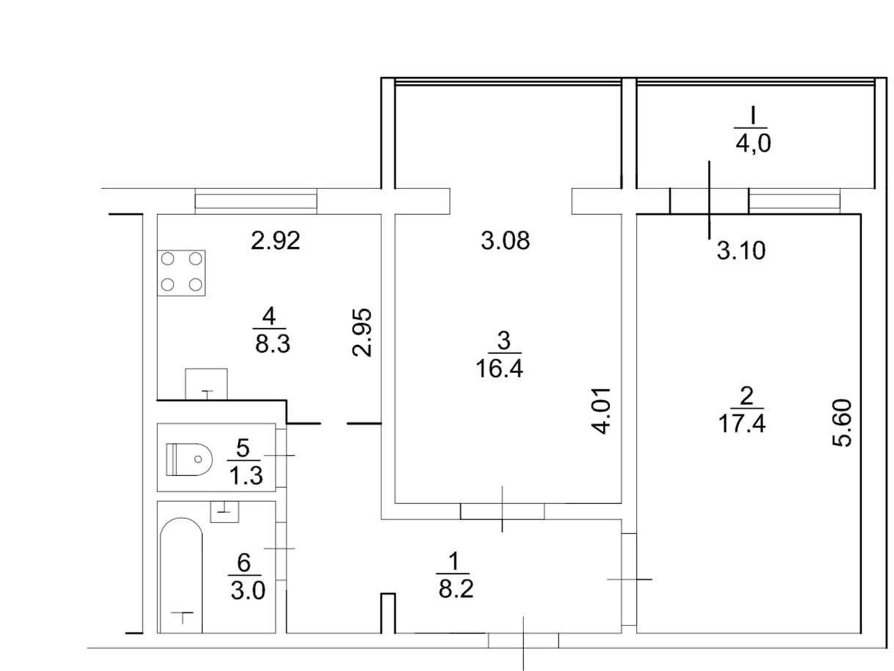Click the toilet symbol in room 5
pyautogui.click(x=189, y=459)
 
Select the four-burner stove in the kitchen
pyautogui.click(x=181, y=273)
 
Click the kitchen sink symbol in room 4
pyautogui.click(x=207, y=384)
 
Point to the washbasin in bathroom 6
pyautogui.click(x=224, y=512)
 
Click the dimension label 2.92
pyautogui.click(x=275, y=240)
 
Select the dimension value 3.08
pyautogui.click(x=506, y=240)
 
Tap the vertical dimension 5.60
pyautogui.click(x=842, y=423)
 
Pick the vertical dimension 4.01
pyautogui.click(x=600, y=411)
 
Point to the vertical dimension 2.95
pyautogui.click(x=362, y=333)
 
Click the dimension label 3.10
pyautogui.click(x=741, y=251)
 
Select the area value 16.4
pyautogui.click(x=500, y=369)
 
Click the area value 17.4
pyautogui.click(x=742, y=424)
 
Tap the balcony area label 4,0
pyautogui.click(x=753, y=143)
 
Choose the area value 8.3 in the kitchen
pyautogui.click(x=273, y=344)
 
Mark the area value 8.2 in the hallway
pyautogui.click(x=456, y=589)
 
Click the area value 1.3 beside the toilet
pyautogui.click(x=246, y=475)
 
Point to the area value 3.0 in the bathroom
pyautogui.click(x=248, y=590)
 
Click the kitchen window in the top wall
pyautogui.click(x=256, y=201)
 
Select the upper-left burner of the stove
pyautogui.click(x=168, y=259)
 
